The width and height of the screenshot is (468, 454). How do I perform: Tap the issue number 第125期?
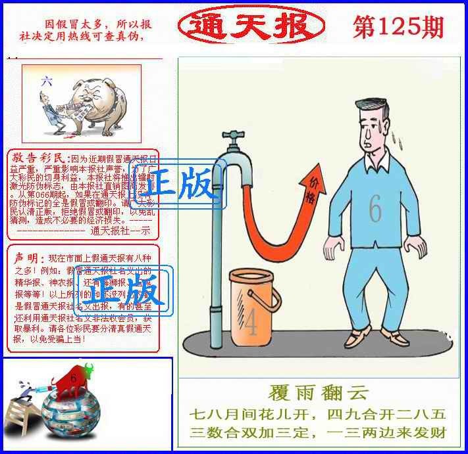(398, 27)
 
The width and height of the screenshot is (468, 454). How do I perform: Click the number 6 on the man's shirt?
(375, 210)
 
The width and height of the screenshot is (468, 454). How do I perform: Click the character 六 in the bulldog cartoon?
(45, 81)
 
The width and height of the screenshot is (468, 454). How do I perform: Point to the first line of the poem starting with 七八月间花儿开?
(318, 415)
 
